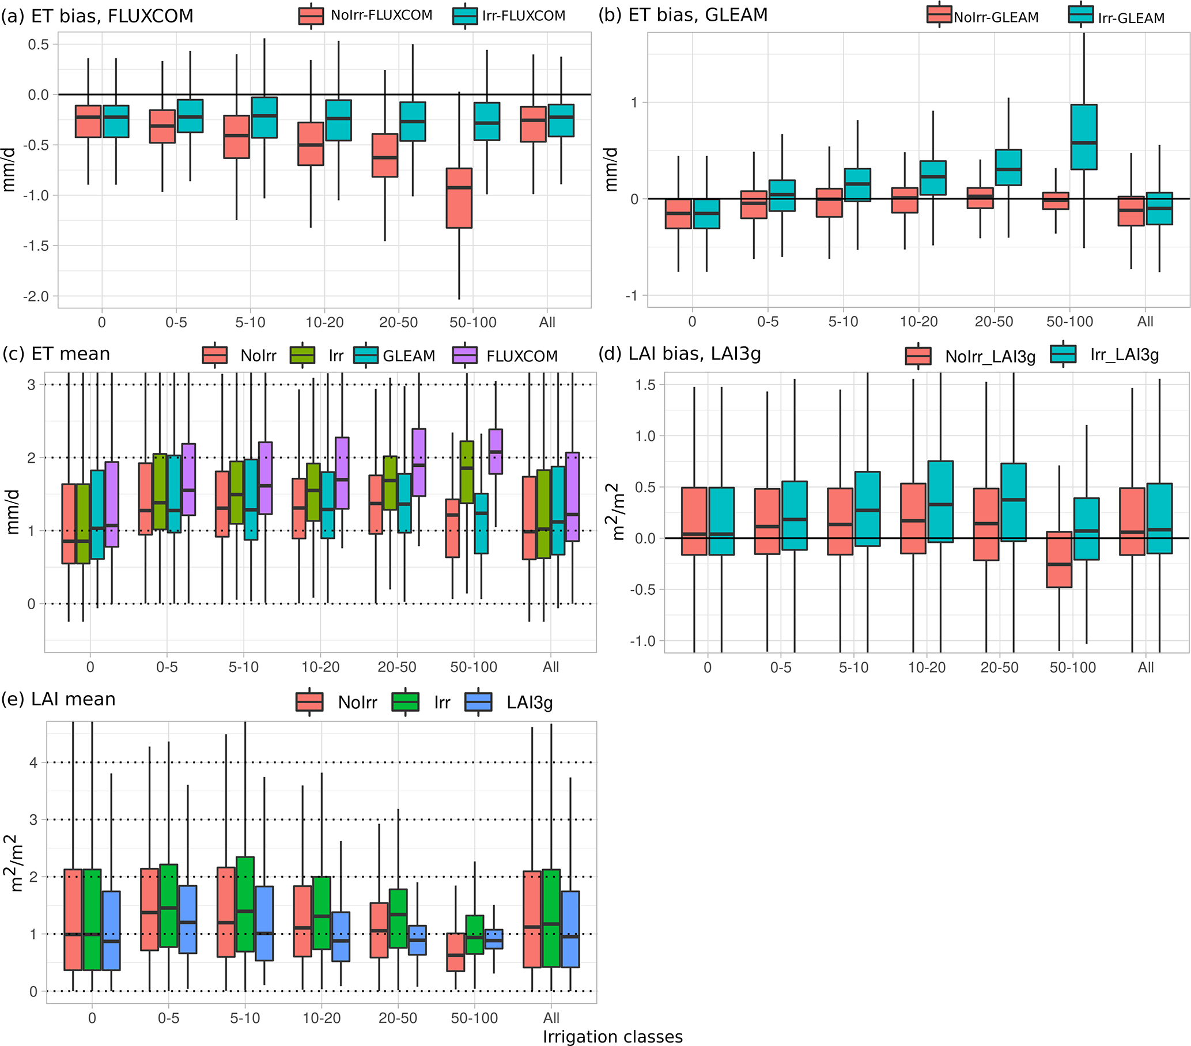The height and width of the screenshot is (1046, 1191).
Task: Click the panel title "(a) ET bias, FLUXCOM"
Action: [x=97, y=16]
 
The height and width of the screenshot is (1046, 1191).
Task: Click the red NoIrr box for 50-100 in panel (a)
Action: [x=459, y=198]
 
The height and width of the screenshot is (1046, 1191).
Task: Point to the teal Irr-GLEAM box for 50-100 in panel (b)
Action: [x=1084, y=138]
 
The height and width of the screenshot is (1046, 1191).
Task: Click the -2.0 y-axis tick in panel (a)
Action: [x=36, y=297]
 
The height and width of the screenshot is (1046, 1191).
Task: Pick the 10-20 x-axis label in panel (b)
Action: [x=918, y=322]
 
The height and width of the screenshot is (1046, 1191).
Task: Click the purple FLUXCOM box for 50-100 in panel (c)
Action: [x=496, y=452]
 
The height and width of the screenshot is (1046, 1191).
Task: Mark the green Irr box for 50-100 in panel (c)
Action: [x=467, y=472]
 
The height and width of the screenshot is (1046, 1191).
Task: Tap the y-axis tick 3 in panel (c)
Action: [x=32, y=384]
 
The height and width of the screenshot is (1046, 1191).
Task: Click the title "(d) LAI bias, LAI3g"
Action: [x=679, y=354]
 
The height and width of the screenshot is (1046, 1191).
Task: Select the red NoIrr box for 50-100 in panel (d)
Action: [x=1058, y=560]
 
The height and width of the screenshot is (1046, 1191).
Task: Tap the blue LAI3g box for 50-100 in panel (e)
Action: [x=494, y=939]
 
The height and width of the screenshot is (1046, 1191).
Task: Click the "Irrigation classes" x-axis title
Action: [x=612, y=1037]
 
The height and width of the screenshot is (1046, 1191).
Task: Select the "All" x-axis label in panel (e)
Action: [x=551, y=1017]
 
